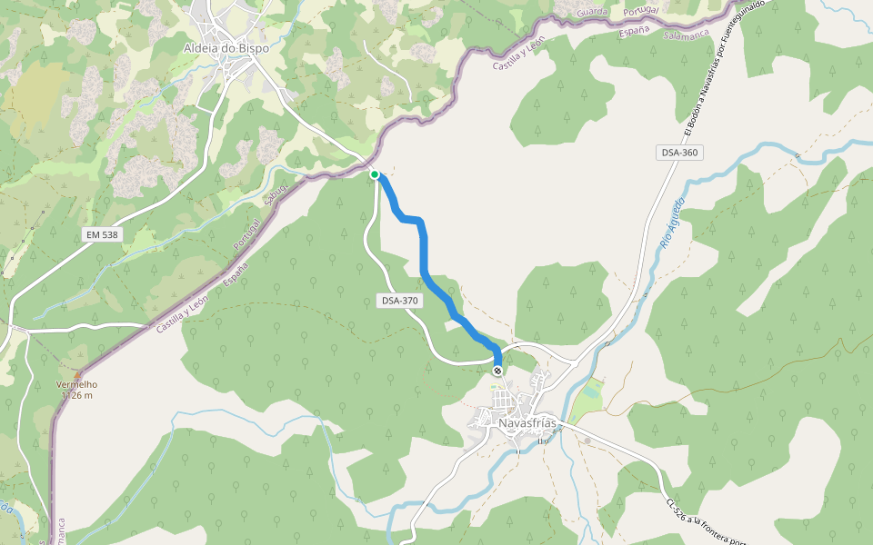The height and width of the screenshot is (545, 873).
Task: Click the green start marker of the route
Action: pos(375,174)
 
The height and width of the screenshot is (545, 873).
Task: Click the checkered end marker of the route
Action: pos(497,371)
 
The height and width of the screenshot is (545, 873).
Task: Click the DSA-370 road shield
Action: pos(400,300)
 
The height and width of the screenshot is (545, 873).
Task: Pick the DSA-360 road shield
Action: pos(678,153)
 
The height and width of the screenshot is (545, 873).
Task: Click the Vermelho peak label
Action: pos(76,384)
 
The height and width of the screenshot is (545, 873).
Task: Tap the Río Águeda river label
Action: pos(671,223)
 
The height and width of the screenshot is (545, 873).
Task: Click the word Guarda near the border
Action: pos(592,12)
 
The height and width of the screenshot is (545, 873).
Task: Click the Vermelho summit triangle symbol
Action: pos(77,374)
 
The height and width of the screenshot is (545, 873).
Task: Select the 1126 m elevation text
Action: pos(78,395)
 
